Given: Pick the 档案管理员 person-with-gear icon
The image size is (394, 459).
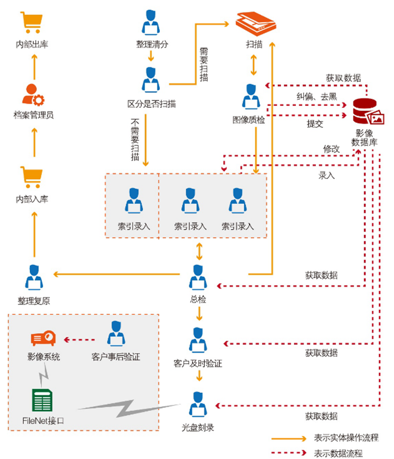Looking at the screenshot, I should pos(32,94).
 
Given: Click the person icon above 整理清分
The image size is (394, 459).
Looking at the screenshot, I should pos(150,24).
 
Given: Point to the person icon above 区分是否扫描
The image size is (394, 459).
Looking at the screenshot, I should pos(150,79).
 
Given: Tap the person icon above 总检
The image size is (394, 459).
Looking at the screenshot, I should pos(198,278).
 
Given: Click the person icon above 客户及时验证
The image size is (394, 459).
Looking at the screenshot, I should pos(198,339).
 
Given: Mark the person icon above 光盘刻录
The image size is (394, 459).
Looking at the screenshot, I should pos(198,404).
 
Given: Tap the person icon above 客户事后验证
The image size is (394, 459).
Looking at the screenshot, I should pos(116,335).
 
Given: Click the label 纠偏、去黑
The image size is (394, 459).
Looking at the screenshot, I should pos(317,97).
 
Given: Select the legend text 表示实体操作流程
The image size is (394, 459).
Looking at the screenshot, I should pos(347,438).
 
